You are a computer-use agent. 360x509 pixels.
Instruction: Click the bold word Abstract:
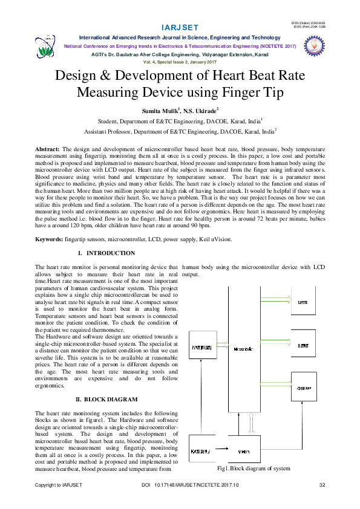tap(47, 148)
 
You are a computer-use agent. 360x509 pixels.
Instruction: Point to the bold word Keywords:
tap(49, 239)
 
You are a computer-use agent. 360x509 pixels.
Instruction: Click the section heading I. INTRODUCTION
tap(106, 253)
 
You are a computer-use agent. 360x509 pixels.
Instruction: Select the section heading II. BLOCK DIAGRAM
tap(106, 400)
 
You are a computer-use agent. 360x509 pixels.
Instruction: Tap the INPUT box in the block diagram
tap(200, 348)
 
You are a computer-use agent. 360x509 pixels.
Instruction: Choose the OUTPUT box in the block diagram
tap(303, 345)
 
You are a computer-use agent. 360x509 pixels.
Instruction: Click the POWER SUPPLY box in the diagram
tap(200, 452)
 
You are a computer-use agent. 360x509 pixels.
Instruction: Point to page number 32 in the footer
tap(322, 485)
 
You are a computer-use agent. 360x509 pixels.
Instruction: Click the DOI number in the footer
tap(190, 485)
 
